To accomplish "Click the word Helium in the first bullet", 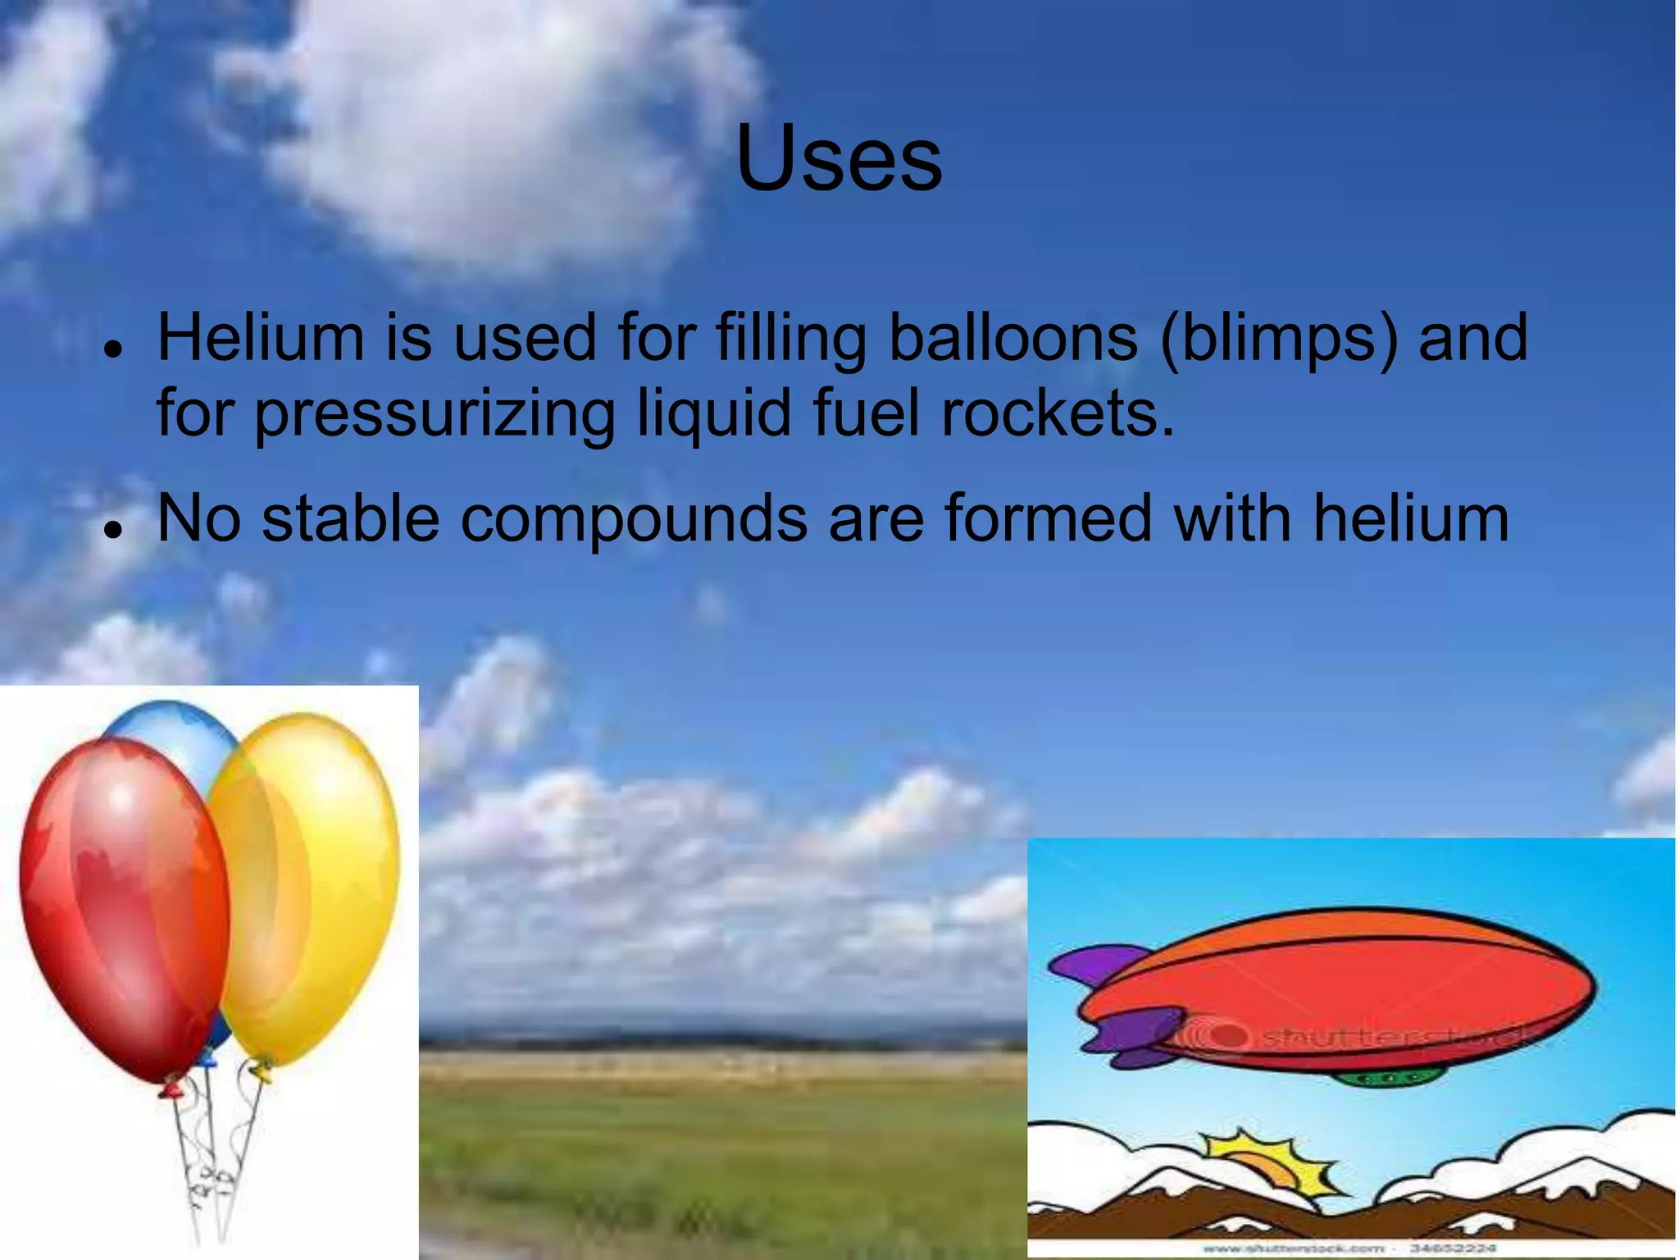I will (x=261, y=337).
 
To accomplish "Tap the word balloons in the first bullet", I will (x=1013, y=337).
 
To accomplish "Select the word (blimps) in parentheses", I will (x=1279, y=339).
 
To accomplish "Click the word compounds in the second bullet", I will (x=633, y=520).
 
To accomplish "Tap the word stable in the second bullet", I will (x=351, y=518).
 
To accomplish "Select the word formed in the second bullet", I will (x=1049, y=518).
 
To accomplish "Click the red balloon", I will (x=123, y=902).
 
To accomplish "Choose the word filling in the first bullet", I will (x=791, y=339).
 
